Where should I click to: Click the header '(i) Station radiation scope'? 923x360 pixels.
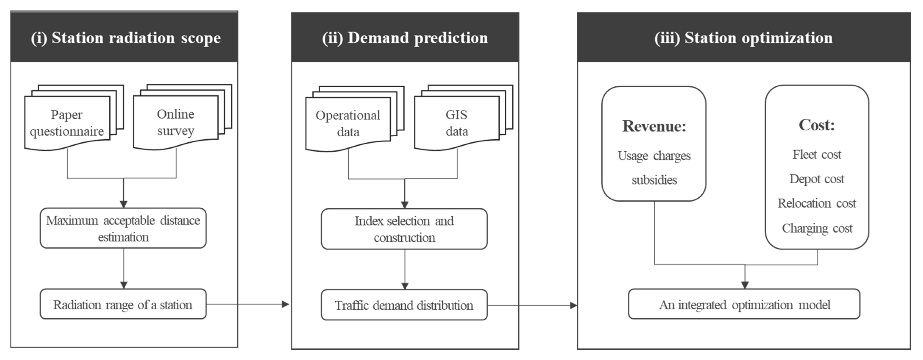pos(125,38)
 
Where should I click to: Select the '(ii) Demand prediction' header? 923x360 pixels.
pos(405,38)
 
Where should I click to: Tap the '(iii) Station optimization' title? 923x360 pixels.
pos(744,38)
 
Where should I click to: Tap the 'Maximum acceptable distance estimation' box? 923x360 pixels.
pos(123,228)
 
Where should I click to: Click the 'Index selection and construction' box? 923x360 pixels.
pos(404,229)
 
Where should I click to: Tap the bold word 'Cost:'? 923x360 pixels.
pos(817,125)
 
